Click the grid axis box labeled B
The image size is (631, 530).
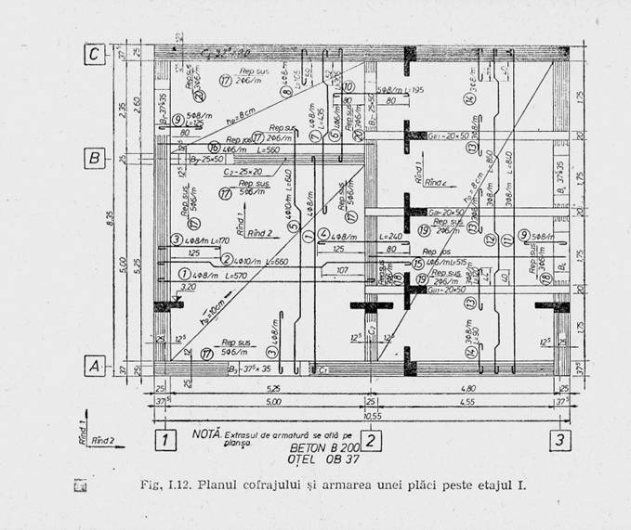pos(93,158)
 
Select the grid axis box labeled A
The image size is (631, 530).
pos(93,366)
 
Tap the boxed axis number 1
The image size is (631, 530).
pos(164,440)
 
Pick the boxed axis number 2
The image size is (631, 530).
pos(371,440)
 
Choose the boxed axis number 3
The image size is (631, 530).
pos(558,440)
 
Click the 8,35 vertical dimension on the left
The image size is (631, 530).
pos(114,218)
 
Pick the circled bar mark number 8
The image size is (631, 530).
pos(286,91)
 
